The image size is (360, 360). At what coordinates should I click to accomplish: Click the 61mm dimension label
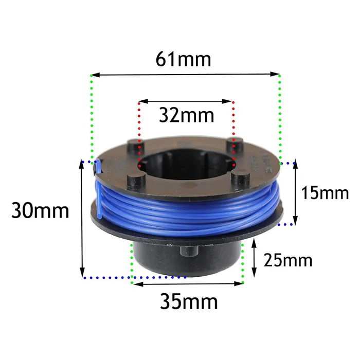pyautogui.click(x=184, y=59)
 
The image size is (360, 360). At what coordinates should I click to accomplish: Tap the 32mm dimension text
pyautogui.click(x=186, y=115)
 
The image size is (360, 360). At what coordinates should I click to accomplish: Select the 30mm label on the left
pyautogui.click(x=41, y=210)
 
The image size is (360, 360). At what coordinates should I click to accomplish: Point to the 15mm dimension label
pyautogui.click(x=325, y=193)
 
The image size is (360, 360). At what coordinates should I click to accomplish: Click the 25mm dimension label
pyautogui.click(x=287, y=260)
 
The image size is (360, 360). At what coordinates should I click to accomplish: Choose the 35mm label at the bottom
pyautogui.click(x=189, y=301)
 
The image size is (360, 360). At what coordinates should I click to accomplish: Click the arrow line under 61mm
pyautogui.click(x=186, y=76)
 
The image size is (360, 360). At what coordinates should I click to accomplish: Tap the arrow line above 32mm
pyautogui.click(x=186, y=102)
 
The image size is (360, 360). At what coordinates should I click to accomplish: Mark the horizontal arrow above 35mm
pyautogui.click(x=187, y=283)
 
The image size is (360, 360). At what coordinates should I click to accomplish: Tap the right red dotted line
pyautogui.click(x=234, y=134)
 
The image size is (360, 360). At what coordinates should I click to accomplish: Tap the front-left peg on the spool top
pyautogui.click(x=134, y=182)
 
